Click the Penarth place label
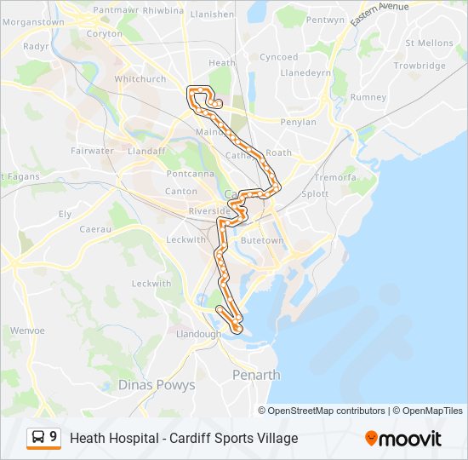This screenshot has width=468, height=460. click(x=256, y=375)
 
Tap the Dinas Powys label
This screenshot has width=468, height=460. click(x=157, y=385)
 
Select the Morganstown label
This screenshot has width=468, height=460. click(x=33, y=22)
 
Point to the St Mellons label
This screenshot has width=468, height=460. click(x=429, y=43)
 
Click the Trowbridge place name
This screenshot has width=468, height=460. click(x=419, y=66)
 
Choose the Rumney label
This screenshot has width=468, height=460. click(x=368, y=97)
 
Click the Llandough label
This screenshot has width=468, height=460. click(x=197, y=334)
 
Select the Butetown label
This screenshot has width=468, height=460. click(x=262, y=241)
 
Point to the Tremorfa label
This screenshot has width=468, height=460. click(x=334, y=177)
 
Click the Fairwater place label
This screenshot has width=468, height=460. click(x=93, y=151)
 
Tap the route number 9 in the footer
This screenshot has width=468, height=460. click(x=54, y=437)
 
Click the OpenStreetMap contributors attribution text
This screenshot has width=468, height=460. click(x=327, y=411)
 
